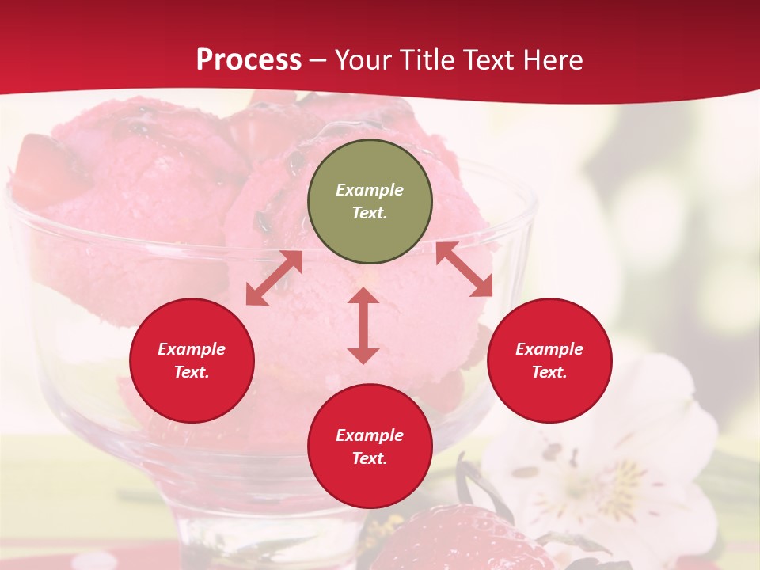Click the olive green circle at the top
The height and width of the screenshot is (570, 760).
(x=370, y=201)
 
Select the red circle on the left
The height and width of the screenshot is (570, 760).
(x=192, y=360)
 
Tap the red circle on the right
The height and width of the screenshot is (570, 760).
(x=549, y=360)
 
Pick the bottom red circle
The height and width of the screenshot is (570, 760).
(x=370, y=446)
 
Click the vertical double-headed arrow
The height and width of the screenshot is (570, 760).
(x=363, y=325)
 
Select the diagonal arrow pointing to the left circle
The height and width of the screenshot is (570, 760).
(x=274, y=278)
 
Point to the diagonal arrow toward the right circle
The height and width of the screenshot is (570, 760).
(x=464, y=269)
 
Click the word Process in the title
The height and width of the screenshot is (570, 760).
(x=249, y=59)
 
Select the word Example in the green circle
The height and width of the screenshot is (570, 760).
(x=370, y=190)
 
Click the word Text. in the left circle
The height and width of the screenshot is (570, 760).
(x=192, y=372)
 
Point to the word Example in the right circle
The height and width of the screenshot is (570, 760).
(x=549, y=349)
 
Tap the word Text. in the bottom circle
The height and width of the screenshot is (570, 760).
(x=370, y=458)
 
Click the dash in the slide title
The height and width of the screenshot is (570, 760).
(x=318, y=60)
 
